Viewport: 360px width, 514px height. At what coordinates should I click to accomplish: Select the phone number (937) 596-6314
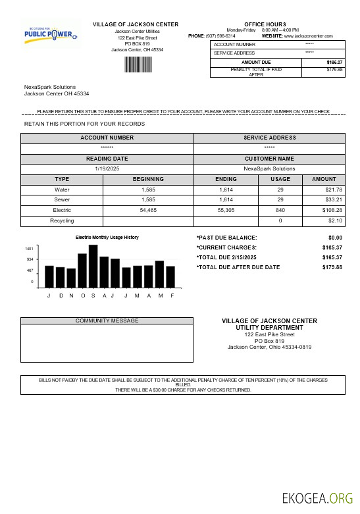click(x=220, y=36)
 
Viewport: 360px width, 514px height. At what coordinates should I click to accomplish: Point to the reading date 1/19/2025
click(x=107, y=168)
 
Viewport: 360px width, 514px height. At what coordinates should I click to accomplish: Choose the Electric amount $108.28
click(x=323, y=210)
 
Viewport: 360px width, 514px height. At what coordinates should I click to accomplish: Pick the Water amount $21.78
click(x=324, y=190)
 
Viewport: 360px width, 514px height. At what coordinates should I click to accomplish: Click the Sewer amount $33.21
click(x=324, y=199)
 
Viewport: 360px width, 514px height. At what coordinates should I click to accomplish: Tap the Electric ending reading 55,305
click(x=226, y=210)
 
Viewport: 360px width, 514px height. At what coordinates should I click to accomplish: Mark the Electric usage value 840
click(x=280, y=210)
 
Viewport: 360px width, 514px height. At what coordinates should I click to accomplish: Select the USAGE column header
click(x=280, y=179)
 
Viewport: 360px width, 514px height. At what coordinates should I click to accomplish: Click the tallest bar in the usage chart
click(x=93, y=266)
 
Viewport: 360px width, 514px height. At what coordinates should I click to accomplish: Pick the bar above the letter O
click(x=82, y=270)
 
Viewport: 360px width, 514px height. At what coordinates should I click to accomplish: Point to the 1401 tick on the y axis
click(x=29, y=249)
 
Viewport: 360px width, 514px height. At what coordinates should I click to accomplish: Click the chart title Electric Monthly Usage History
click(x=107, y=237)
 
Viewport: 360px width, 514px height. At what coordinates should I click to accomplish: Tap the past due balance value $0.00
click(x=335, y=238)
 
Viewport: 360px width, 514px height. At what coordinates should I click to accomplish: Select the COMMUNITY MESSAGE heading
click(x=107, y=321)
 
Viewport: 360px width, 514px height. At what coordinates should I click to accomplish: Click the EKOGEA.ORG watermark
click(x=317, y=498)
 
